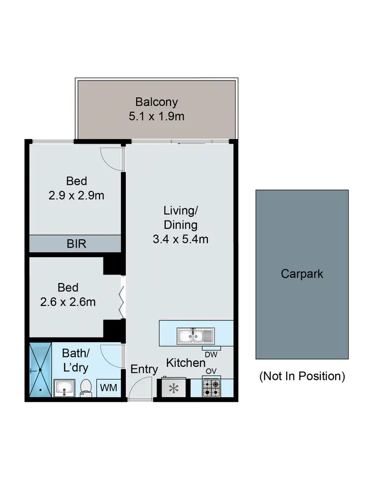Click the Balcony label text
[156, 103]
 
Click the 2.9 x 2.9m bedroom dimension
[76, 195]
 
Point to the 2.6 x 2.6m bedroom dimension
[68, 301]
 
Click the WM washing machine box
[109, 387]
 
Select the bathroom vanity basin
[64, 387]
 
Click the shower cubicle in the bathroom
[40, 370]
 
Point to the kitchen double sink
[195, 336]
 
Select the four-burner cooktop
[211, 387]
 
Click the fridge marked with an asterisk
[173, 388]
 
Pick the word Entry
[144, 369]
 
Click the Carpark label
[301, 274]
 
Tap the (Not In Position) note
[302, 376]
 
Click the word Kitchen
[186, 363]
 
